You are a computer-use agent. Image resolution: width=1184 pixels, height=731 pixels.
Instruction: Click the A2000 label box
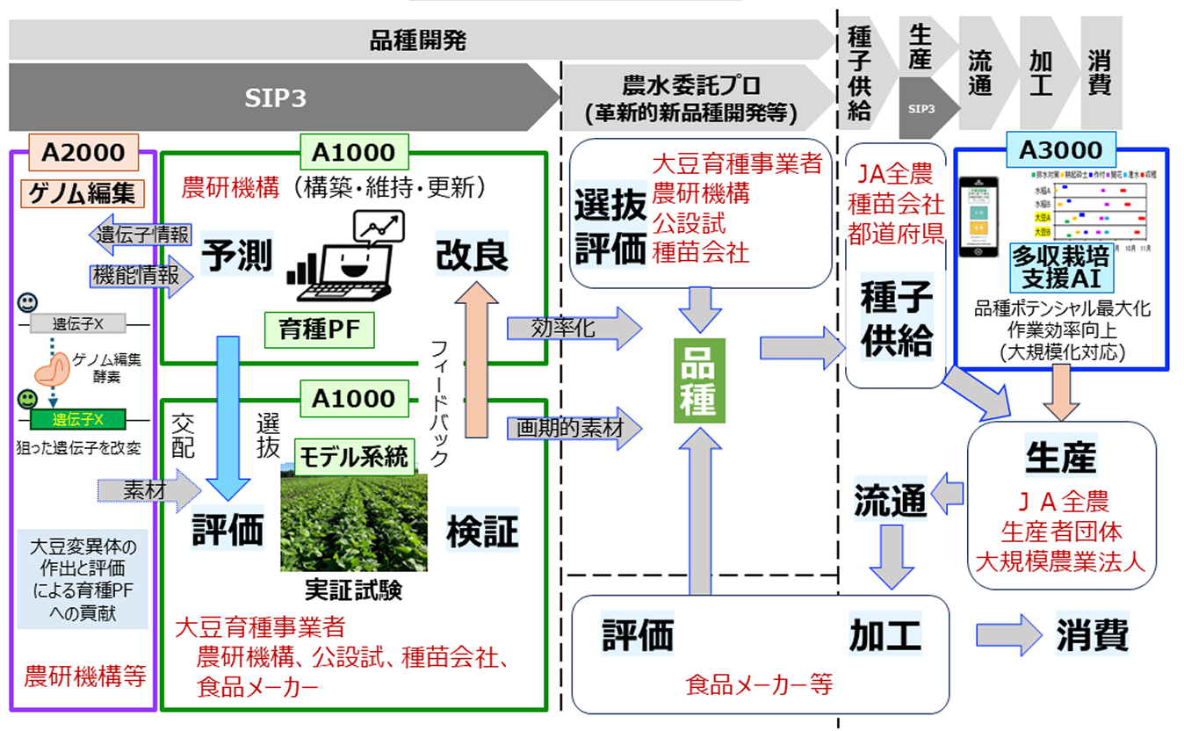[x=83, y=153]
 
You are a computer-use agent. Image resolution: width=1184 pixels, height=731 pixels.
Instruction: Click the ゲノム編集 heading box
[x=83, y=191]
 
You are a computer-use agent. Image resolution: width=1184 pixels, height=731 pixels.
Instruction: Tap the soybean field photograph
[x=353, y=523]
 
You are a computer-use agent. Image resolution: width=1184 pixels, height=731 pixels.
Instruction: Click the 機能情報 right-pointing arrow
[x=141, y=276]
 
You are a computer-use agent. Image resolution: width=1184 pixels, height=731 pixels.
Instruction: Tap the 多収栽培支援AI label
[x=1060, y=268]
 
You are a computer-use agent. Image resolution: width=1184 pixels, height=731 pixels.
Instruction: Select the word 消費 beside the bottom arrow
[x=1092, y=634]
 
